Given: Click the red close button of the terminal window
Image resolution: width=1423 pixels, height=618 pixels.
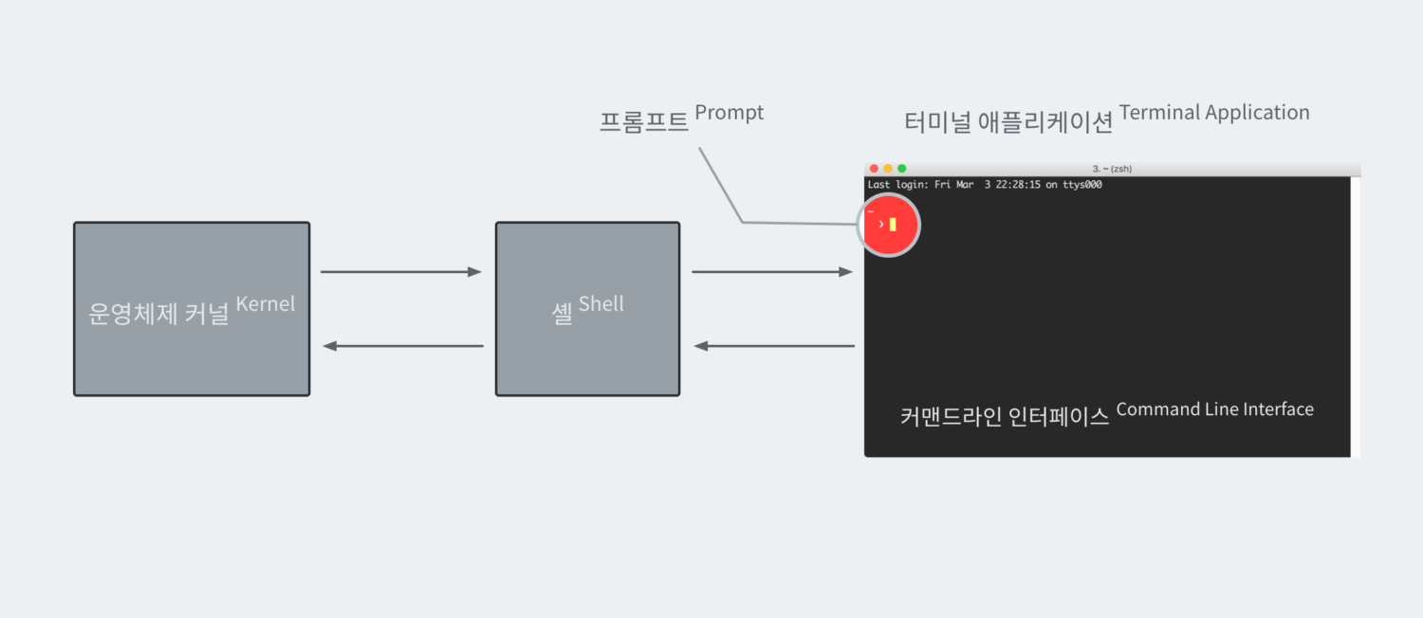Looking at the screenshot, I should (874, 169).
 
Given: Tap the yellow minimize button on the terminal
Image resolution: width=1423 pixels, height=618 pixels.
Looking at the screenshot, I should (888, 169).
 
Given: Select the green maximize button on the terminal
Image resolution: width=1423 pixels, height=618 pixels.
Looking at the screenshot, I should (902, 169).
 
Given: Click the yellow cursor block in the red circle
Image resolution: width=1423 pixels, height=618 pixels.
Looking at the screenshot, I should (893, 225).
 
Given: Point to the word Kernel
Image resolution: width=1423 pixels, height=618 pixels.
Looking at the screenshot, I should (266, 304).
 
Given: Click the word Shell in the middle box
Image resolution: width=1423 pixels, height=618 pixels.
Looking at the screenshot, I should (601, 304).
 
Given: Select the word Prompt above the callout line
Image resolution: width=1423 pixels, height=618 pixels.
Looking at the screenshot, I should (729, 113).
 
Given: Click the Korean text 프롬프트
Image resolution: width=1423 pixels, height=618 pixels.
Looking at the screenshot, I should (643, 122).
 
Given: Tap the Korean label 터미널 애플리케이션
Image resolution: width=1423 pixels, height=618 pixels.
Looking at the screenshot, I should (1008, 122).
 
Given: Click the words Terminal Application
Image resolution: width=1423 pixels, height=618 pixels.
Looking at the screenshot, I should (1214, 113).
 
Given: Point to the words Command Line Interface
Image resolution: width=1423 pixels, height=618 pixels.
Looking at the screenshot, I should (1214, 409).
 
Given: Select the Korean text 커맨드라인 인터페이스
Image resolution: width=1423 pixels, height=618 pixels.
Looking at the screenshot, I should (1005, 417).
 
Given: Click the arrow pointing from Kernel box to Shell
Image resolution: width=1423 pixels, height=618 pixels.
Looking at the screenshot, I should (401, 272).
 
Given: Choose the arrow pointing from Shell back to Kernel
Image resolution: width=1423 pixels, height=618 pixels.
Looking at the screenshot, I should (403, 346).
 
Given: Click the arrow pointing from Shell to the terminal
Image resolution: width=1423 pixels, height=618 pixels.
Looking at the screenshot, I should (772, 272).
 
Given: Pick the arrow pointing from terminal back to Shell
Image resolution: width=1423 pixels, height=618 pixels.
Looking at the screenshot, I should (774, 346).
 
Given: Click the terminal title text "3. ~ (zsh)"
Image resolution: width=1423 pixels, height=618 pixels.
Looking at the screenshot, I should (1112, 169).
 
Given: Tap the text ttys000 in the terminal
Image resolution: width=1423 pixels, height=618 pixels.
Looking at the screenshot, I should (1081, 185).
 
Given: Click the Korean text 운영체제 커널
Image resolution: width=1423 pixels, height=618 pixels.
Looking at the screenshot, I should (158, 314).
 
